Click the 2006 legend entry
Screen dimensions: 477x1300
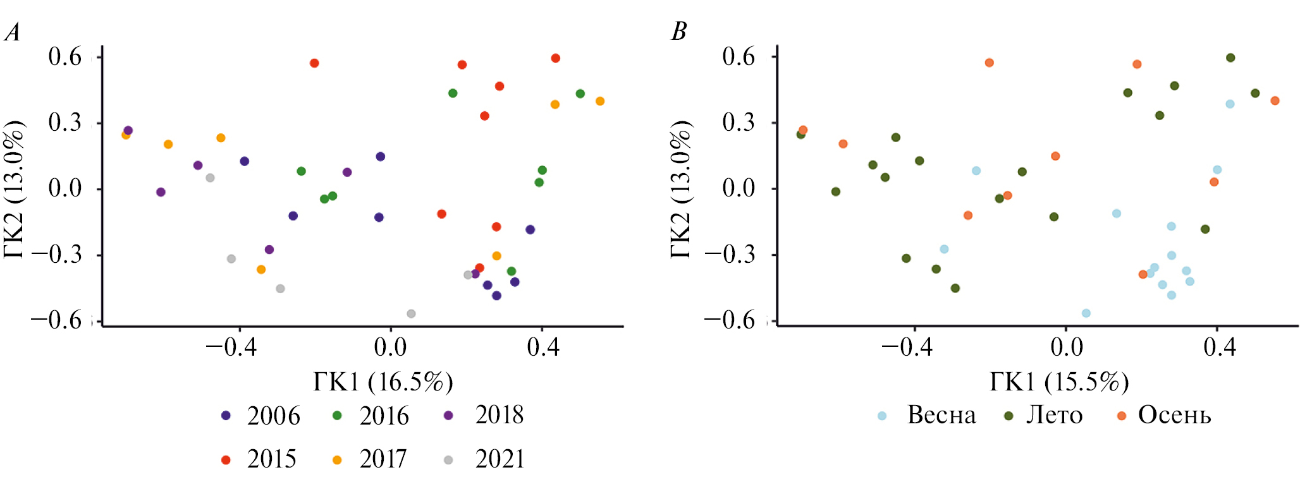(x=261, y=416)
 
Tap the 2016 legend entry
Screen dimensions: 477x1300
(x=371, y=416)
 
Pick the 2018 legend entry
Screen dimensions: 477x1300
(x=486, y=415)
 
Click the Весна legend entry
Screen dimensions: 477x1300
(x=928, y=415)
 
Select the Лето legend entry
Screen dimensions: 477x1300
(x=1043, y=415)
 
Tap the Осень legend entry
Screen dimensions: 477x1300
(x=1163, y=415)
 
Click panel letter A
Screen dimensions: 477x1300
(x=12, y=32)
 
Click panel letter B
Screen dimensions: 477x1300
(x=678, y=32)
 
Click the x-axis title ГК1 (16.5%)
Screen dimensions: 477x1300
(x=383, y=382)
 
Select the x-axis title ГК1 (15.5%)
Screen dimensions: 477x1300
(x=1059, y=382)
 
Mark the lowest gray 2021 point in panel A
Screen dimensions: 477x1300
(x=411, y=313)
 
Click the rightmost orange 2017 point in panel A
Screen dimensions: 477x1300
(x=600, y=101)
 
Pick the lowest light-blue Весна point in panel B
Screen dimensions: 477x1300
(x=1086, y=313)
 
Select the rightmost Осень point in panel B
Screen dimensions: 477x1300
(x=1275, y=100)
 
